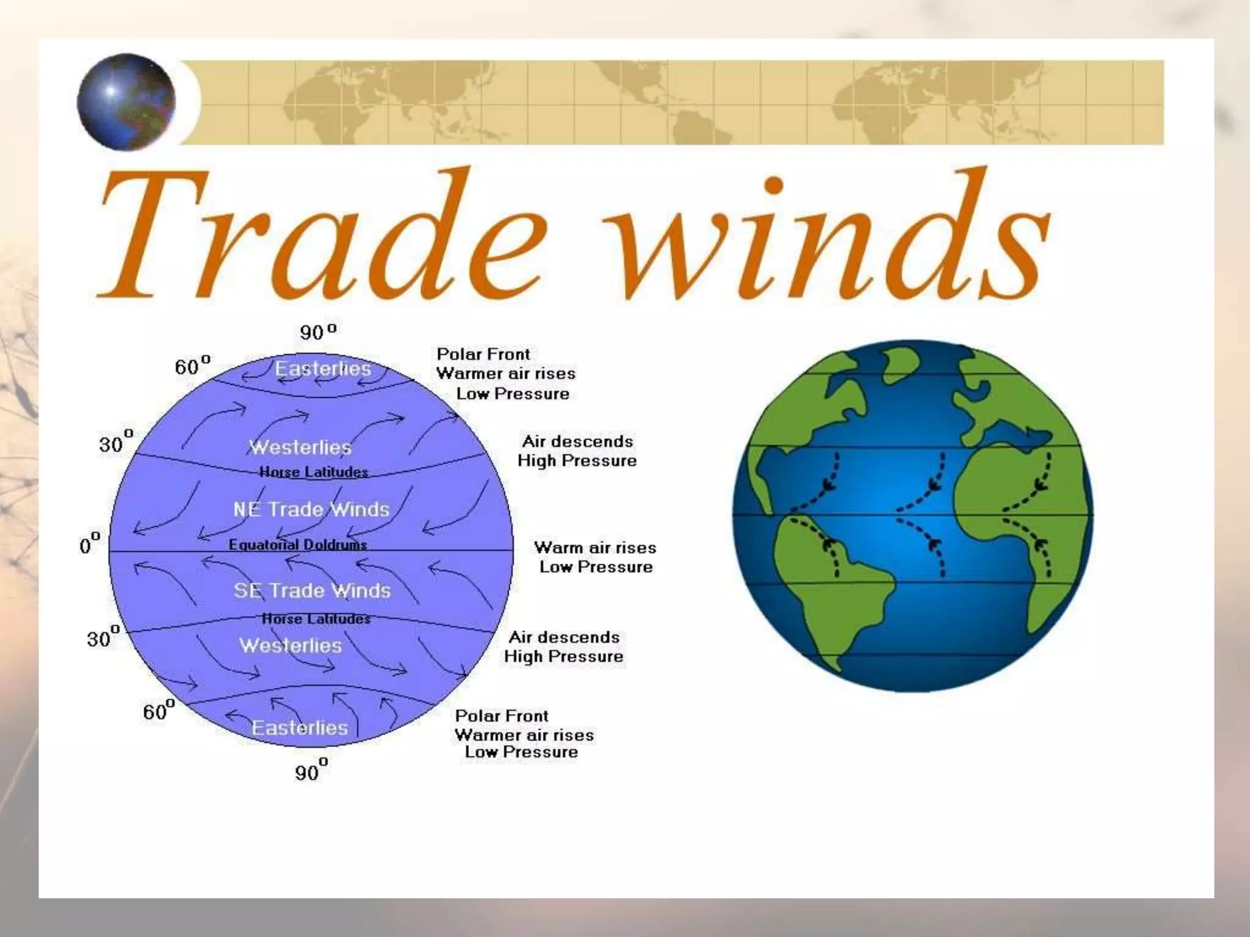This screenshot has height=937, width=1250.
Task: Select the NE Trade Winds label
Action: [311, 509]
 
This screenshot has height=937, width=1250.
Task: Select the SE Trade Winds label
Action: [312, 591]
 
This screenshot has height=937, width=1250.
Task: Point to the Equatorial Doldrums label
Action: [298, 545]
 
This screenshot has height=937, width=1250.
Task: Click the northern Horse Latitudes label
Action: [314, 472]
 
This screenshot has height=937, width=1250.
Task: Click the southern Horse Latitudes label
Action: [316, 619]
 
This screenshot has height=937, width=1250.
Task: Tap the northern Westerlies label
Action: [300, 447]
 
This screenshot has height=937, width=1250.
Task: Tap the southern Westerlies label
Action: [291, 645]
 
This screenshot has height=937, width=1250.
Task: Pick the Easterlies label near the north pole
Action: [323, 368]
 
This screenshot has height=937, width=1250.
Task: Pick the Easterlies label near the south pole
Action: [300, 728]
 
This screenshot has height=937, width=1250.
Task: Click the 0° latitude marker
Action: [89, 544]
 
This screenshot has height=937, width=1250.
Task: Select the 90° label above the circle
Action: [317, 332]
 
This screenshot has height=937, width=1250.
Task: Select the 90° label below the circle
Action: [311, 772]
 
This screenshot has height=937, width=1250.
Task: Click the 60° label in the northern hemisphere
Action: [192, 366]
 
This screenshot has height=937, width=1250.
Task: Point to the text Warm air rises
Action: [595, 547]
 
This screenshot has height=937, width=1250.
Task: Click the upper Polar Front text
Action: [483, 354]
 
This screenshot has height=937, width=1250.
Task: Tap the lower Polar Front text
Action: [502, 716]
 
